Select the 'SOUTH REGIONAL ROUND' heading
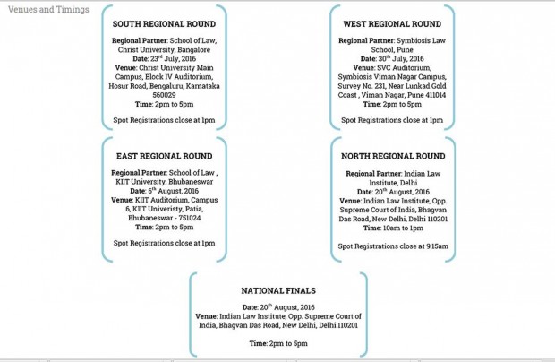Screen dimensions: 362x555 tap(164, 24)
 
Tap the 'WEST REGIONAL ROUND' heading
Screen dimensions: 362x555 tap(392, 24)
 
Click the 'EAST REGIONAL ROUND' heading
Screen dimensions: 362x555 tap(164, 156)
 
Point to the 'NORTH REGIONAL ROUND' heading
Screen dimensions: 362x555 tap(393, 156)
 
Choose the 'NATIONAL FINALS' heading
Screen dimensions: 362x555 tap(278, 290)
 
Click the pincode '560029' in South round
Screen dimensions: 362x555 tap(164, 93)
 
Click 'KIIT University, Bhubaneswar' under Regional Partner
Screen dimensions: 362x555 tap(164, 182)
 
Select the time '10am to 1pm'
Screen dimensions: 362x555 tap(404, 228)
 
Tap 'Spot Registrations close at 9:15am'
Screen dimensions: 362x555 tap(393, 246)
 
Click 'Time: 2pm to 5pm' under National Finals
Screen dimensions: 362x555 tap(277, 343)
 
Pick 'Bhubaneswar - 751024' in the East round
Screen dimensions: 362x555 tap(164, 218)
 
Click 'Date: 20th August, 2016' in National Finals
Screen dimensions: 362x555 tap(277, 307)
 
